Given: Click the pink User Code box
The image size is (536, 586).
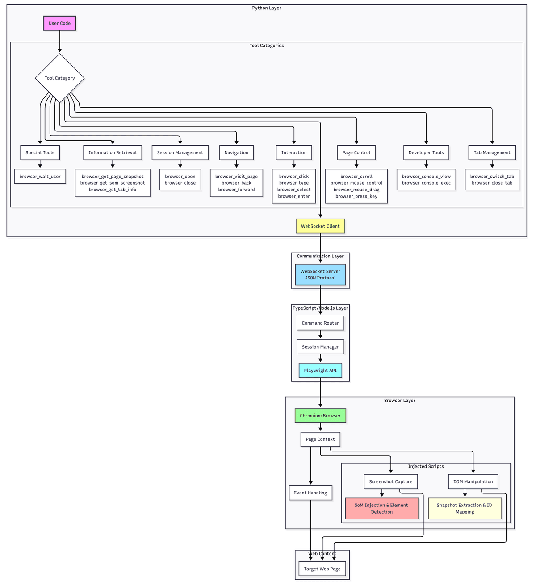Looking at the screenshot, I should (x=59, y=23).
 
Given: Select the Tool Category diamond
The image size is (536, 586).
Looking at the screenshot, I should (x=59, y=78).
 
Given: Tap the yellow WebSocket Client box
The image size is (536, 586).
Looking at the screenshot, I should (x=320, y=226).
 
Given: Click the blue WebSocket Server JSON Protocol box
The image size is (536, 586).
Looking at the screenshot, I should (x=320, y=274).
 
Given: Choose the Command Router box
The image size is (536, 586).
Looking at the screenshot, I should (x=320, y=323).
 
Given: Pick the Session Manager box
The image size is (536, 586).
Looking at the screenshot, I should (x=320, y=347).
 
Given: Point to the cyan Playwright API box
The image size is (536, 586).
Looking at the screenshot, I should (x=320, y=371).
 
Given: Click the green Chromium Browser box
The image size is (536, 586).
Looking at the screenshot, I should (x=320, y=416).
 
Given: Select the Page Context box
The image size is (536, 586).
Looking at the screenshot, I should (x=320, y=439).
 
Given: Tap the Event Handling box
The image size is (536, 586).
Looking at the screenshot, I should (x=310, y=493).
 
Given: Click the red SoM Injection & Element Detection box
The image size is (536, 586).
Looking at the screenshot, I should (x=381, y=509).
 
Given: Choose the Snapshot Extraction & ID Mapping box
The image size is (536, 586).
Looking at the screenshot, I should (x=465, y=509).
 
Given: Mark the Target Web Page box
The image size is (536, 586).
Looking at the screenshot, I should (x=322, y=569).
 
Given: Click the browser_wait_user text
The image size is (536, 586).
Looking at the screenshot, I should (x=40, y=177).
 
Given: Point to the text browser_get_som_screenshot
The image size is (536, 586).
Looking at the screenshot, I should (x=113, y=183).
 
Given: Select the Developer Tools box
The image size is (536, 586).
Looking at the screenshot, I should (x=426, y=152).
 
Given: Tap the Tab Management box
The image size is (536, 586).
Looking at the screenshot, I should (x=492, y=152).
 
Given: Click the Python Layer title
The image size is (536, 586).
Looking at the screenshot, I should (x=267, y=8).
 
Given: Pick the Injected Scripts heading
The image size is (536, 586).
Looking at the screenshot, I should (x=426, y=466).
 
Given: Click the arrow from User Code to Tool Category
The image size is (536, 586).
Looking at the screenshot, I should (x=59, y=42).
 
